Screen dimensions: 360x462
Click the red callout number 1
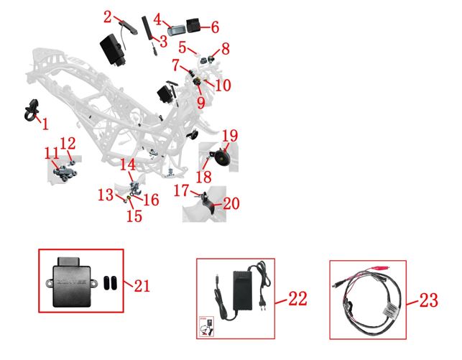pos(45,124)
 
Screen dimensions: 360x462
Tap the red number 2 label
pos(108,17)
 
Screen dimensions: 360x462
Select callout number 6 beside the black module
pos(214,27)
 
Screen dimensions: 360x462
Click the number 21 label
pos(142,286)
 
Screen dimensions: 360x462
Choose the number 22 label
pos(297,297)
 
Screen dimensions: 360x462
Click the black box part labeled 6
pos(195,27)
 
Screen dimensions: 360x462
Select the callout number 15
pos(134,216)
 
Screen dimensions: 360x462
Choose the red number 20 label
pos(231,204)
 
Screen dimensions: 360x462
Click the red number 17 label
pos(183,190)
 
